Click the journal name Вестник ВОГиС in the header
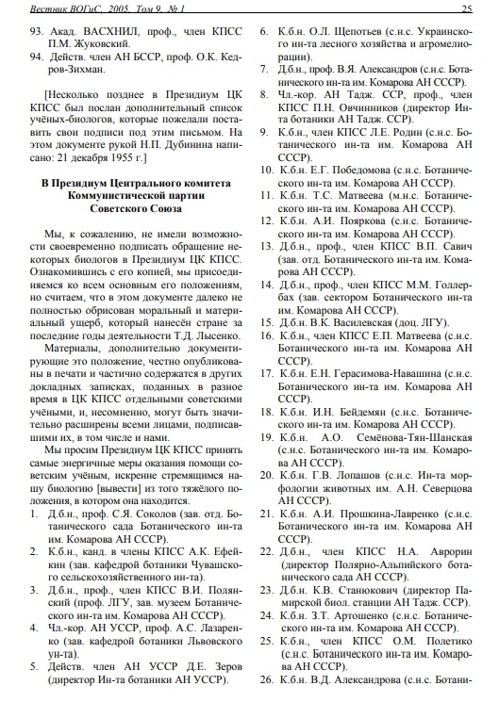(x=59, y=9)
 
